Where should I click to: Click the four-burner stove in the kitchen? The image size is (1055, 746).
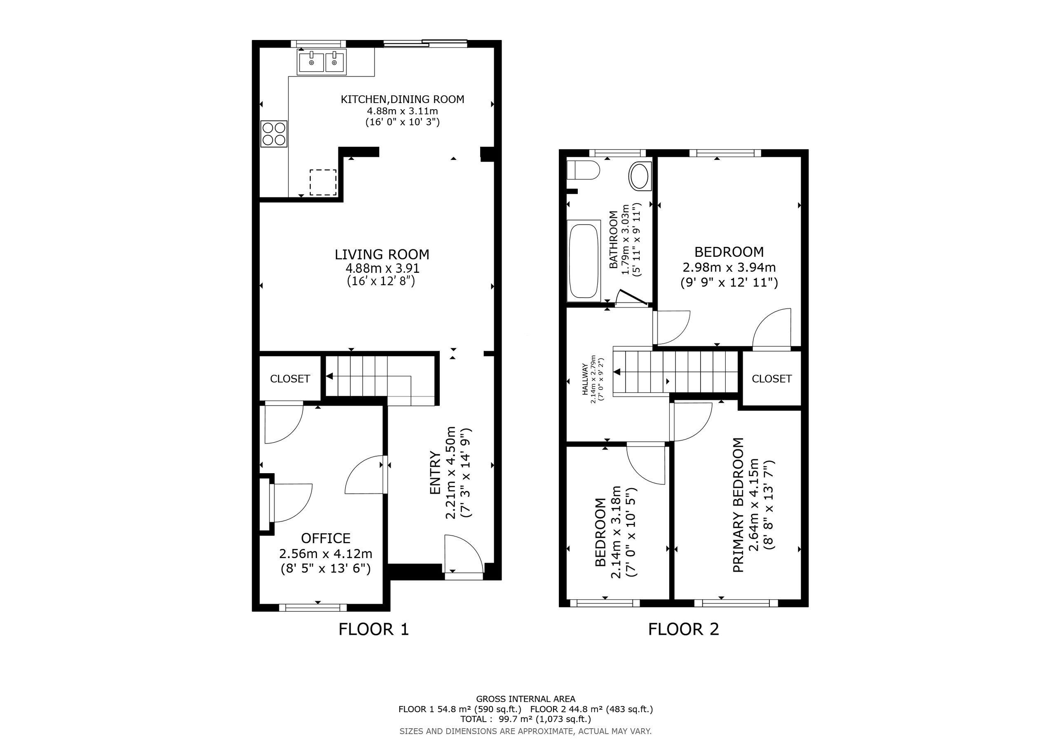click(274, 134)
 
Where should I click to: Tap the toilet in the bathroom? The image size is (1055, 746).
click(583, 170)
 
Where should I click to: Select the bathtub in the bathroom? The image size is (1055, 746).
click(584, 260)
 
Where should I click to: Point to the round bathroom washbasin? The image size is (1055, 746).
click(640, 176)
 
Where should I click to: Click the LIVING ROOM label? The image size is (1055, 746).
click(382, 255)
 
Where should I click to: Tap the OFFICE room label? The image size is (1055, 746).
click(326, 538)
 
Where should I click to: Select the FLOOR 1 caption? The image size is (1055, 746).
click(373, 629)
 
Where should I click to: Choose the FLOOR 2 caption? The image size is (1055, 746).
click(683, 629)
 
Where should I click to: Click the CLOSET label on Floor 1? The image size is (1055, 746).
click(290, 379)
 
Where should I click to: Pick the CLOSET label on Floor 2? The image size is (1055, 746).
click(772, 379)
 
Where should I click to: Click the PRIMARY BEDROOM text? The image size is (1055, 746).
click(738, 505)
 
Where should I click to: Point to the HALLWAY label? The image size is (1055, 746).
click(585, 380)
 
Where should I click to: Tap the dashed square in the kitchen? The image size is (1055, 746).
click(323, 183)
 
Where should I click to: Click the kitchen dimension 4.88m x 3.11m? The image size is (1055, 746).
click(402, 111)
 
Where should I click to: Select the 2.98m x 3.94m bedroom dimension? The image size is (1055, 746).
click(729, 267)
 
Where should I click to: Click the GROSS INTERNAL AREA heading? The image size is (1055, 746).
click(526, 699)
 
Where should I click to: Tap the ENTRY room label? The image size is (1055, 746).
click(435, 473)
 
